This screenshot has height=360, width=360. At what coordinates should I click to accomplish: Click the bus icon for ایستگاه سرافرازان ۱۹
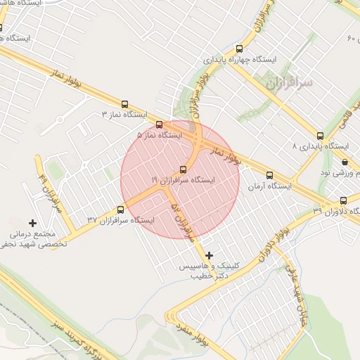coord(184,169)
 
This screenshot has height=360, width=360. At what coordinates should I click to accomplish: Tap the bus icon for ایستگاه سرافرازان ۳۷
coord(120,210)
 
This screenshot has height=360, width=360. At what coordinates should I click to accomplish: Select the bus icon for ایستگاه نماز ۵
coord(159,125)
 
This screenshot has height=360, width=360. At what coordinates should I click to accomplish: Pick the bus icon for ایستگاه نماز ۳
coord(125,104)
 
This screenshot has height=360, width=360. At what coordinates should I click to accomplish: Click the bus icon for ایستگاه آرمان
coord(269,176)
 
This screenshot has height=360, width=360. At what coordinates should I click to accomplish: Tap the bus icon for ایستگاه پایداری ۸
coord(320,136)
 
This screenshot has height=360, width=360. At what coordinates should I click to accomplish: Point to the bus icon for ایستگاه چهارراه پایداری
coord(240,49)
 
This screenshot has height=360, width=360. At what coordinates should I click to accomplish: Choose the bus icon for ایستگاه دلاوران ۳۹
coord(343,200)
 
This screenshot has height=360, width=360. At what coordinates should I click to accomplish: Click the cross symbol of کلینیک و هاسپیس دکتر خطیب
coord(209,255)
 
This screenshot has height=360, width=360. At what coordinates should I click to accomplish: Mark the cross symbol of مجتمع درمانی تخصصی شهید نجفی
coord(32,223)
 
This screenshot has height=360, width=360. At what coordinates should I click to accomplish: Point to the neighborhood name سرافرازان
coord(288,82)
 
